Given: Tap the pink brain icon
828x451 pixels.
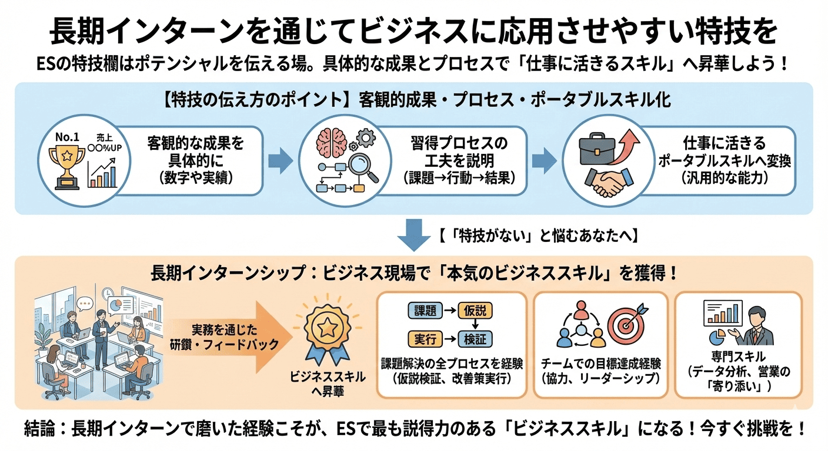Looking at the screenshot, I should pos(328,141).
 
